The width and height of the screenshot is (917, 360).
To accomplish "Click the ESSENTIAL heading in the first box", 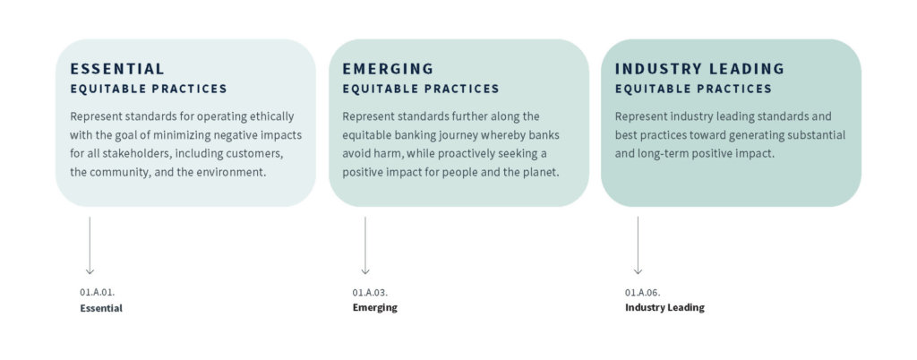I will [117, 69].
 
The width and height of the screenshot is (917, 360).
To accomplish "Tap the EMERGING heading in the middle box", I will [388, 69].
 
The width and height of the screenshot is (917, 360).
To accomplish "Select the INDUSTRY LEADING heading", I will [699, 69].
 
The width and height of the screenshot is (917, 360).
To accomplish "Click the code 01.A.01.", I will [97, 292].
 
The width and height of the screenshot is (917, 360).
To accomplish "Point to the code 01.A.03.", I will [370, 292].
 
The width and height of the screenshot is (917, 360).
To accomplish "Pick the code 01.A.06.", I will [643, 292].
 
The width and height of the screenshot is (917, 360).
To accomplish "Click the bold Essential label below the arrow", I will [100, 308].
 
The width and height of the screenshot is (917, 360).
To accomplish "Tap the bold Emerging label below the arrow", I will [374, 308].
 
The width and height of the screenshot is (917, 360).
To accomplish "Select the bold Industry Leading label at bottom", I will [664, 308].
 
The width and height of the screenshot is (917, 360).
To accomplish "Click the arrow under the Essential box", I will [90, 244].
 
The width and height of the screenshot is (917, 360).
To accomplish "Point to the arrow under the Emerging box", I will [365, 244].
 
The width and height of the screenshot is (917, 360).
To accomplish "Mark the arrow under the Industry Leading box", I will [638, 244].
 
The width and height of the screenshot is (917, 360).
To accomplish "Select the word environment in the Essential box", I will [232, 171].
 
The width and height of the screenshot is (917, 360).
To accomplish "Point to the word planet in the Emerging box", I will [536, 171].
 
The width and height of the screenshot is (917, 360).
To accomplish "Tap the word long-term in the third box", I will [667, 153].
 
